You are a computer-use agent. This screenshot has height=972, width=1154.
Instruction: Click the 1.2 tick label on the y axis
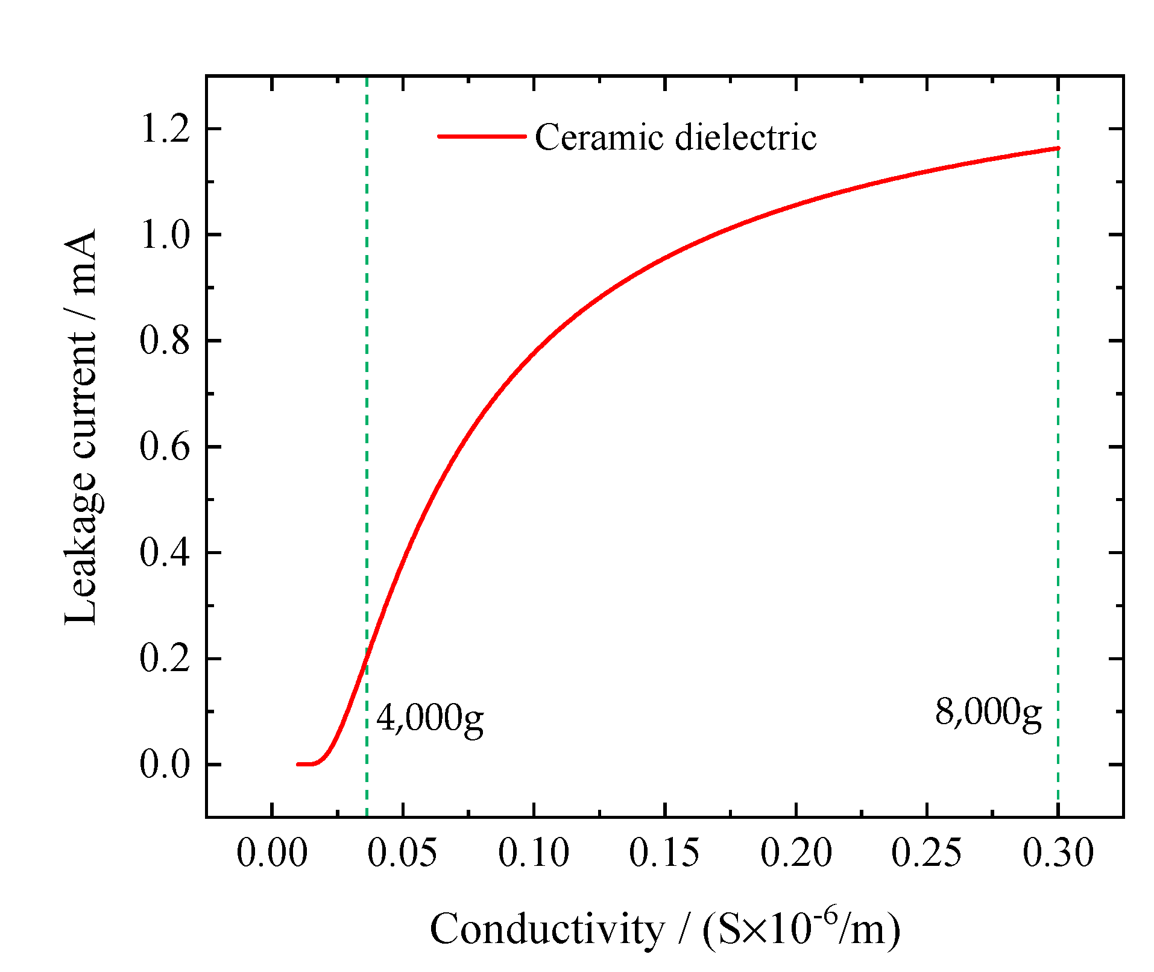click(165, 129)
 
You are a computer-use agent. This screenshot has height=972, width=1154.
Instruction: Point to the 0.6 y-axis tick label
click(165, 447)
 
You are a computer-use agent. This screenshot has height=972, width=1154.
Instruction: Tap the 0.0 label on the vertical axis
click(165, 765)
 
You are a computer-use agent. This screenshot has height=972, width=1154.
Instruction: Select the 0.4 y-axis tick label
click(165, 553)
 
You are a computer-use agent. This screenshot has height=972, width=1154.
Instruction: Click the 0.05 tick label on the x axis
click(402, 853)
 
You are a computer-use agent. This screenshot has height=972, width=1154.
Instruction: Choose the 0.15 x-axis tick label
click(664, 853)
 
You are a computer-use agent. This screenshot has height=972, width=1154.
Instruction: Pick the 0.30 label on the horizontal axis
click(1058, 853)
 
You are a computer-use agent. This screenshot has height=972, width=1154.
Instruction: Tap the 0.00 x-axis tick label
click(272, 853)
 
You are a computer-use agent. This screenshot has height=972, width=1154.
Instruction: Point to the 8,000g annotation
click(988, 713)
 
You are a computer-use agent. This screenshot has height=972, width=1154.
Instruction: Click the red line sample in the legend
click(481, 136)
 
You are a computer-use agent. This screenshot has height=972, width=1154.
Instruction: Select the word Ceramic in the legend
click(599, 137)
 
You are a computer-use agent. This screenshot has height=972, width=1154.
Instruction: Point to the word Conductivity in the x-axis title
click(546, 929)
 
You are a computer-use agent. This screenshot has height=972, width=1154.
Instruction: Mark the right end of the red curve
click(1058, 148)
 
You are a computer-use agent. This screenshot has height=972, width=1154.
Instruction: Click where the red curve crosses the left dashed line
click(367, 661)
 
